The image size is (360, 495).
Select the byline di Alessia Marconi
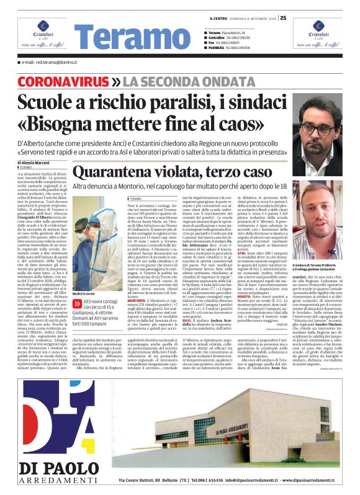(x=35, y=163)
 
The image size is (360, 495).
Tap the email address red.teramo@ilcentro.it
(x=49, y=63)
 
